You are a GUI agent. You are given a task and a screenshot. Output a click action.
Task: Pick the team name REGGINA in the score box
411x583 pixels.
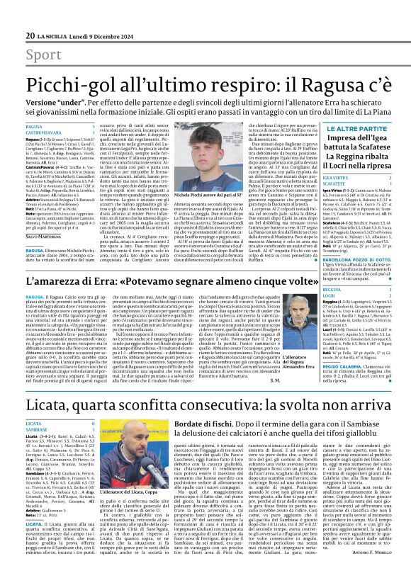point(334,290)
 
